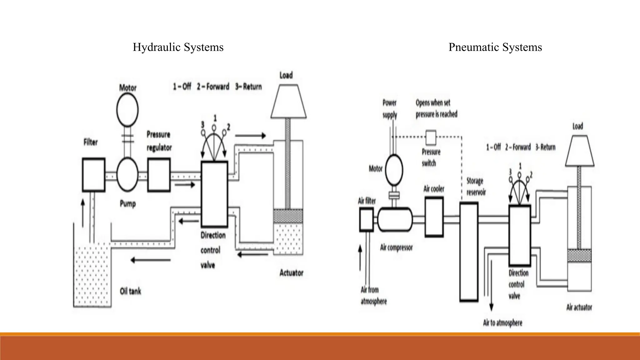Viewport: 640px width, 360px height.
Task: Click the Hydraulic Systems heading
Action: [x=178, y=47]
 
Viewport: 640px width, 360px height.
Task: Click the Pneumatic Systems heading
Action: [x=495, y=47]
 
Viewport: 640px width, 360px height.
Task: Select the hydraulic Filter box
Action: [x=93, y=175]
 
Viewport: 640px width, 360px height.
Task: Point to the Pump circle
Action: [x=127, y=174]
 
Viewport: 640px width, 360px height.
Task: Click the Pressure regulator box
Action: [x=159, y=175]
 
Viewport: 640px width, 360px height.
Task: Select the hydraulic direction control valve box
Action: [x=214, y=194]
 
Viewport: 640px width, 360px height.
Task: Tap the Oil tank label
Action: [x=130, y=291]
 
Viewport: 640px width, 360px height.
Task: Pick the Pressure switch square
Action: [x=431, y=137]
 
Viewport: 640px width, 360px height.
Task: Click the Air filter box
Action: [x=366, y=219]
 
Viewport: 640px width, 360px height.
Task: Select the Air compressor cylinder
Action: [x=395, y=219]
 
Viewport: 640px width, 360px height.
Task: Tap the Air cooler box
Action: [x=434, y=217]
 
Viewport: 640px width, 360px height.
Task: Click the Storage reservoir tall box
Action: [x=469, y=252]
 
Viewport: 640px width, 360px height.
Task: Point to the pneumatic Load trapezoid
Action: [x=580, y=151]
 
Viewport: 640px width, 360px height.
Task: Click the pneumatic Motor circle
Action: [x=394, y=170]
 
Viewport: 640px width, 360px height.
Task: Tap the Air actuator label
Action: [x=579, y=307]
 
